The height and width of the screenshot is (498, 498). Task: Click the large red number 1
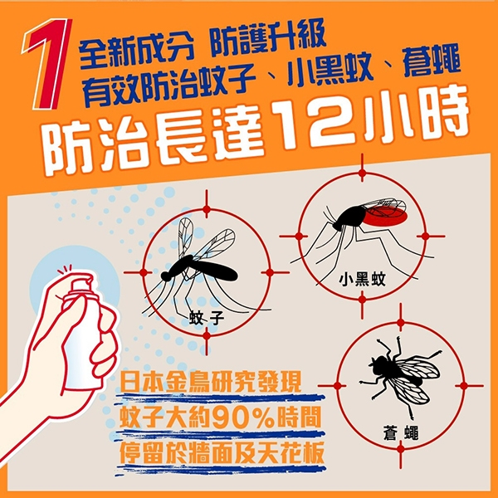(47, 64)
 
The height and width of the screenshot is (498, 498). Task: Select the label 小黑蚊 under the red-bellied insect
(362, 279)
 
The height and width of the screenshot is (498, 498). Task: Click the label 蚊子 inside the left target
(207, 318)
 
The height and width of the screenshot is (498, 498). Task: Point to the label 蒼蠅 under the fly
(401, 433)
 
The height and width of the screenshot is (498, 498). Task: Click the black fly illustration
(401, 376)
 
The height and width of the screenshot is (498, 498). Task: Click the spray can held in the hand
(82, 334)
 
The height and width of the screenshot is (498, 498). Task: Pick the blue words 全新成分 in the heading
(137, 52)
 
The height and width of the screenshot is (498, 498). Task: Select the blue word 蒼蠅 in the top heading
(432, 62)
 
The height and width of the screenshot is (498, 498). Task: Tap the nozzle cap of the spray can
(82, 284)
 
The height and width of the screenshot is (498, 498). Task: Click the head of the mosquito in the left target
(166, 276)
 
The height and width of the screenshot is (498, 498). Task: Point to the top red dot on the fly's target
(401, 323)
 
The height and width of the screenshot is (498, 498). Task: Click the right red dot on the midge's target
(425, 236)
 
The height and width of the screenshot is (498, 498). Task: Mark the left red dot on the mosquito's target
(144, 272)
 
